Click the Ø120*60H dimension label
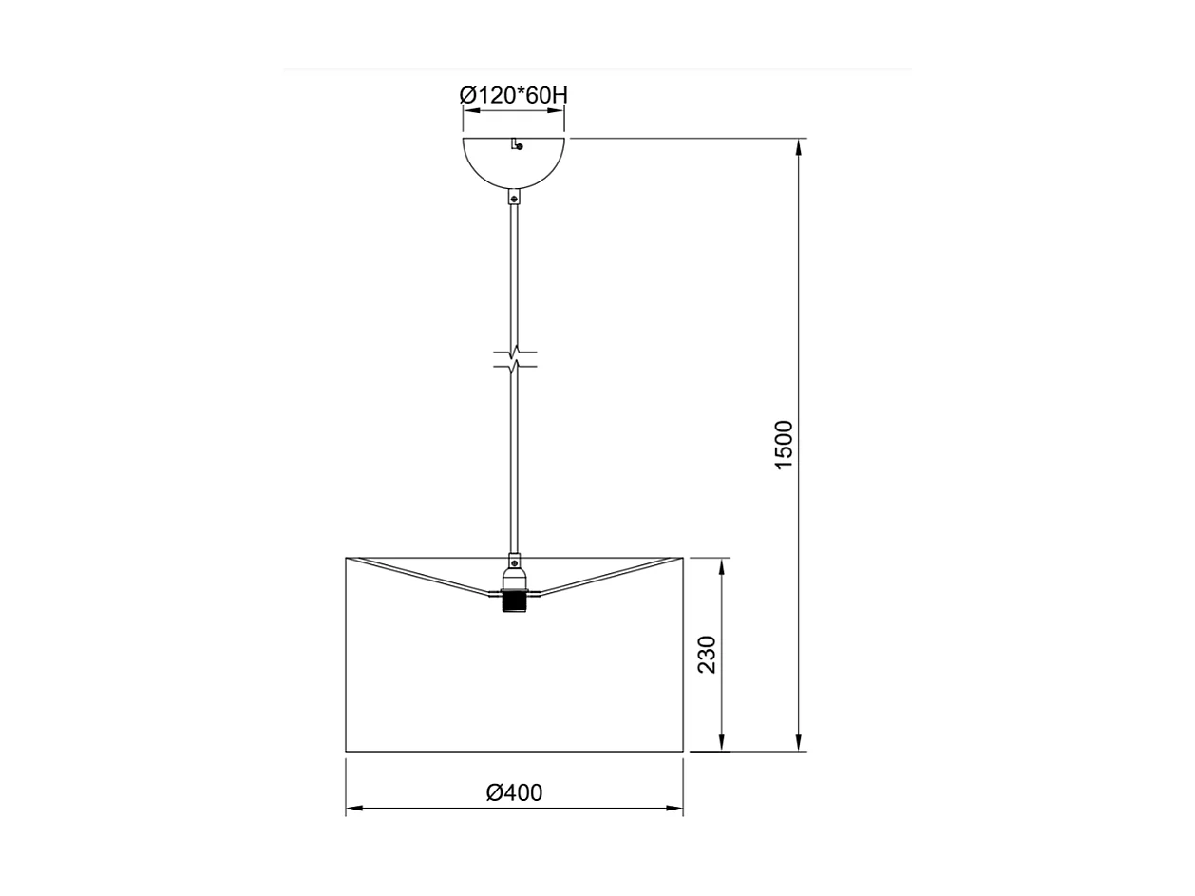(x=513, y=95)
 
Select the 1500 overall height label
(x=784, y=445)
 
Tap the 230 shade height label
(x=708, y=655)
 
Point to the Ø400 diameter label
(x=514, y=792)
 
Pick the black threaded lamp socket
(x=514, y=602)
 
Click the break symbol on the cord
(x=515, y=359)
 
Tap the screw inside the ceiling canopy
(x=518, y=145)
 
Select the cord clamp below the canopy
(x=514, y=199)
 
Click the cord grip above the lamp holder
(x=514, y=562)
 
